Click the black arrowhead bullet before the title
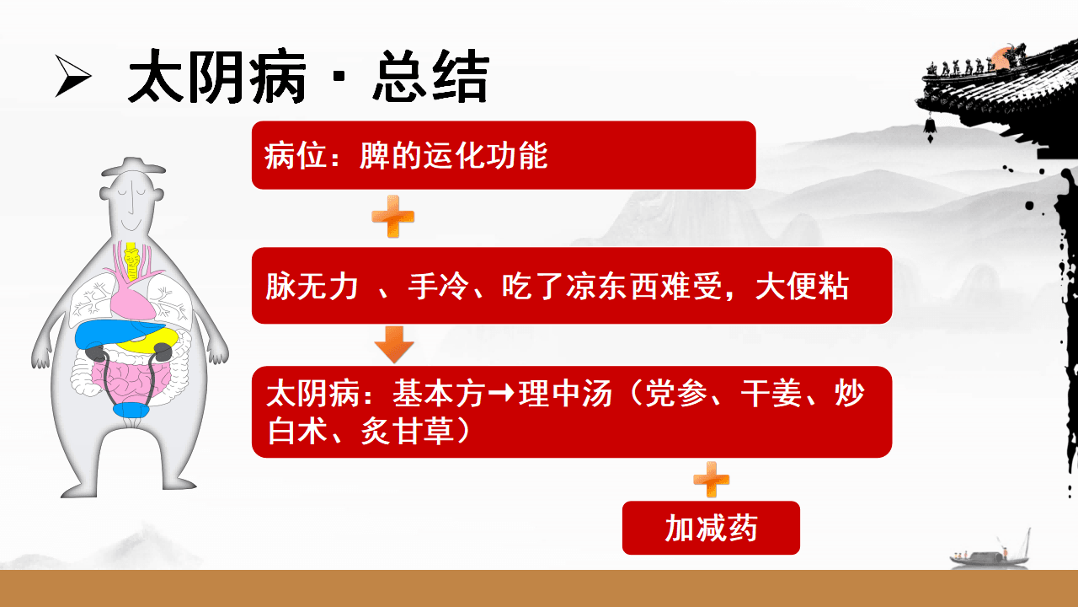click(73, 76)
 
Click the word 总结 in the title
click(431, 76)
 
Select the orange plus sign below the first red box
click(393, 217)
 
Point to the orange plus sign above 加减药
click(712, 480)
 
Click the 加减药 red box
click(711, 528)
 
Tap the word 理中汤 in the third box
click(565, 394)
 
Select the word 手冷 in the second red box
click(439, 286)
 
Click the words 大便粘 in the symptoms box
click(802, 286)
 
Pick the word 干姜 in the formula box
click(771, 394)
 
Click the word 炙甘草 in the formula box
click(407, 431)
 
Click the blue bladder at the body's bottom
click(131, 410)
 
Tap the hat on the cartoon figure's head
click(133, 166)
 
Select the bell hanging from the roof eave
click(930, 127)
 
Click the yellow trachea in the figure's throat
click(131, 261)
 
